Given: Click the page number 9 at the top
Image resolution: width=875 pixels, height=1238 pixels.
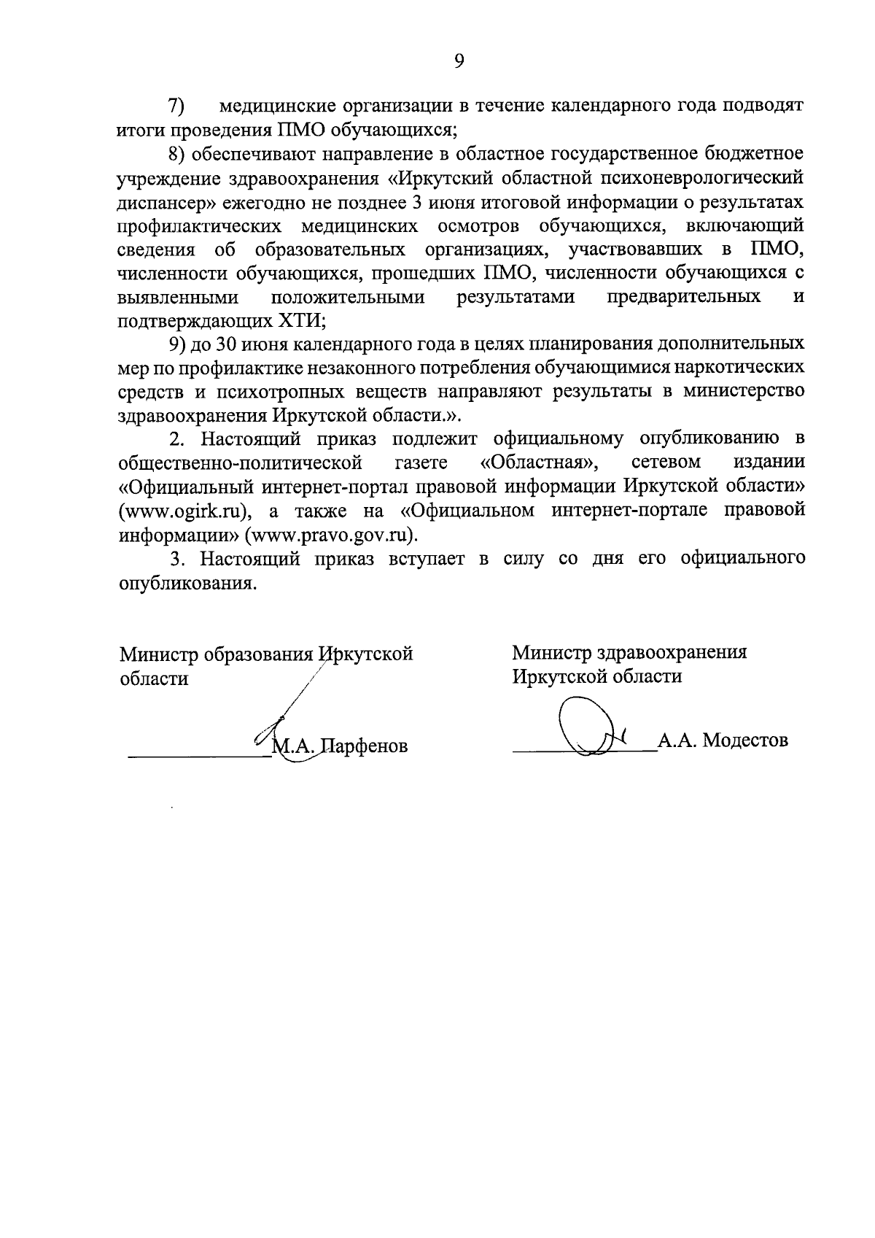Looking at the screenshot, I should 459,61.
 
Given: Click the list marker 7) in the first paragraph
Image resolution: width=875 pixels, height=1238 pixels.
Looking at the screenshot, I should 176,106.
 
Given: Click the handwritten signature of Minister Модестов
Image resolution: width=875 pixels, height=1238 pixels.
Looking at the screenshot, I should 591,730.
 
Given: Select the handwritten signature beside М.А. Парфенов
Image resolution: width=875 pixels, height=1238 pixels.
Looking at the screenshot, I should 284,722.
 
